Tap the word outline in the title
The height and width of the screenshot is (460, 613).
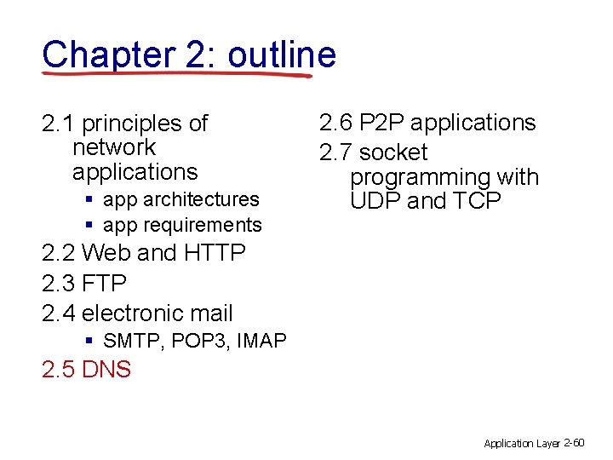click(x=282, y=55)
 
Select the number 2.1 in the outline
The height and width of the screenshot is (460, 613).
click(x=58, y=124)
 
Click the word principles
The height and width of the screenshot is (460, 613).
click(x=132, y=124)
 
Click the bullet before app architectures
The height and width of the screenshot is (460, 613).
click(x=89, y=199)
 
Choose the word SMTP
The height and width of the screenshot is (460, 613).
click(x=133, y=341)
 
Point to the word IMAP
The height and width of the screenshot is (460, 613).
click(x=261, y=341)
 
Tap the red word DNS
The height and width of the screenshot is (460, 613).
click(x=106, y=370)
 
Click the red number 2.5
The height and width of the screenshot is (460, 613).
click(x=58, y=370)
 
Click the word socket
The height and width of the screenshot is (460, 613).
click(x=393, y=153)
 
